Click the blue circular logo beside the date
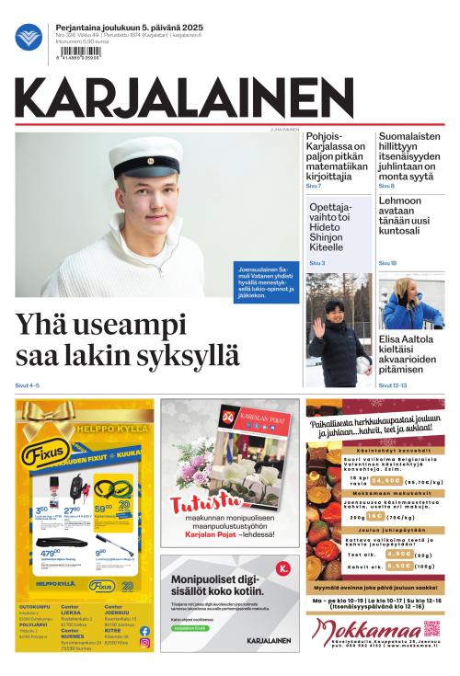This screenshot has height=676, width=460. (29, 37)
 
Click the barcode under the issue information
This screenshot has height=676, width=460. (80, 52)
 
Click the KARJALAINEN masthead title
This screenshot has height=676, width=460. (184, 99)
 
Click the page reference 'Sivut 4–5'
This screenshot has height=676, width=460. (28, 385)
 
